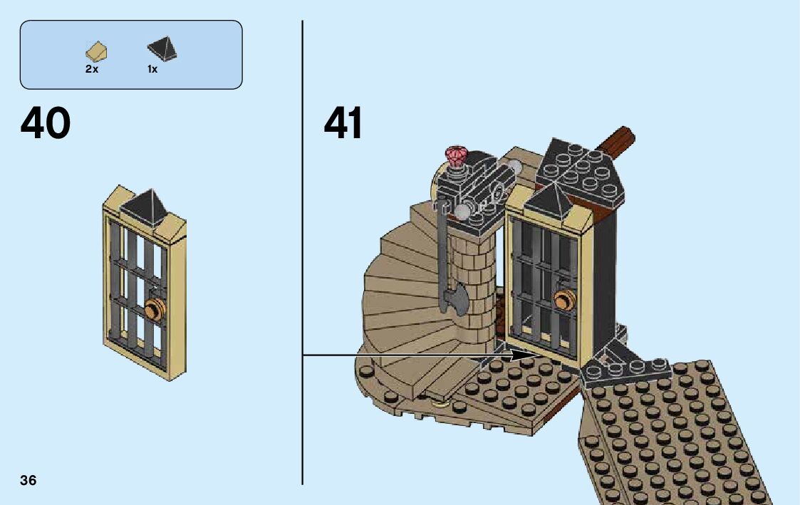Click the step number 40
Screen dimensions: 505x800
pos(46,124)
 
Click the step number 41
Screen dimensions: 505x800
pos(343,124)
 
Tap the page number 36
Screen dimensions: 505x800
pos(28,480)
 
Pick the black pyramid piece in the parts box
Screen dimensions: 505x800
pos(162,50)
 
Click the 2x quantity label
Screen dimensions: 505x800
pos(92,70)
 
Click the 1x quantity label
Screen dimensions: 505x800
pos(152,70)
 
